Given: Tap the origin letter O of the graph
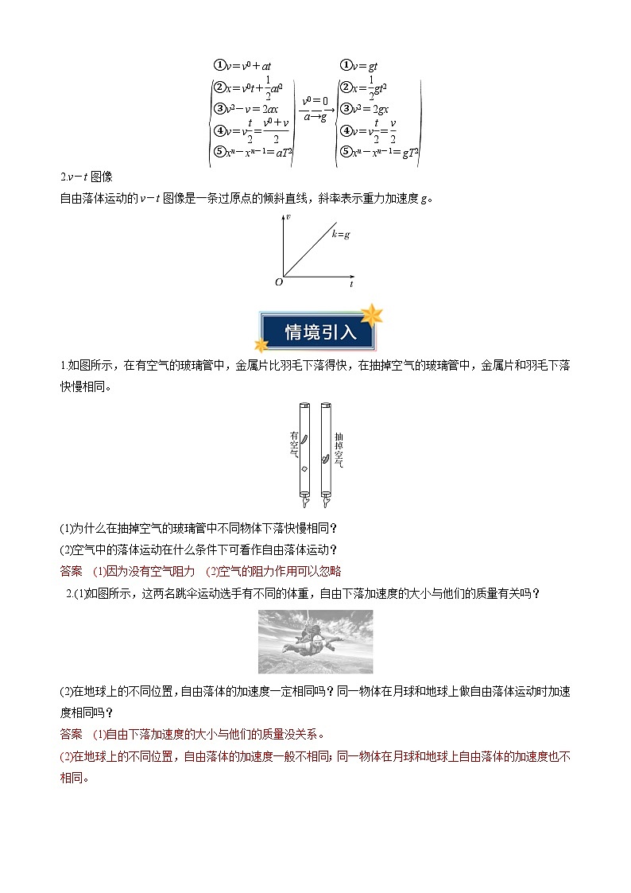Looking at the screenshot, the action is pyautogui.click(x=279, y=281).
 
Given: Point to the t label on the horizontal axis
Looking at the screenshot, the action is pyautogui.click(x=351, y=283).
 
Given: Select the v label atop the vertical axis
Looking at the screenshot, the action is pyautogui.click(x=288, y=216).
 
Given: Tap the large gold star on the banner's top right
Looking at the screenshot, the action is pyautogui.click(x=370, y=314).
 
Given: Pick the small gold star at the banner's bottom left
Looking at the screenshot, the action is pyautogui.click(x=260, y=344).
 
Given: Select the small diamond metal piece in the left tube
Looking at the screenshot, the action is pyautogui.click(x=304, y=470).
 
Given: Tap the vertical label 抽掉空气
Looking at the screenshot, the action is pyautogui.click(x=339, y=449).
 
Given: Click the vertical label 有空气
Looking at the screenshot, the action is pyautogui.click(x=293, y=445).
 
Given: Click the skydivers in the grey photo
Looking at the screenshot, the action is pyautogui.click(x=314, y=635).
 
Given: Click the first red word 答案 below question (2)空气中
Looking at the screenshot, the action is pyautogui.click(x=72, y=570).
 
